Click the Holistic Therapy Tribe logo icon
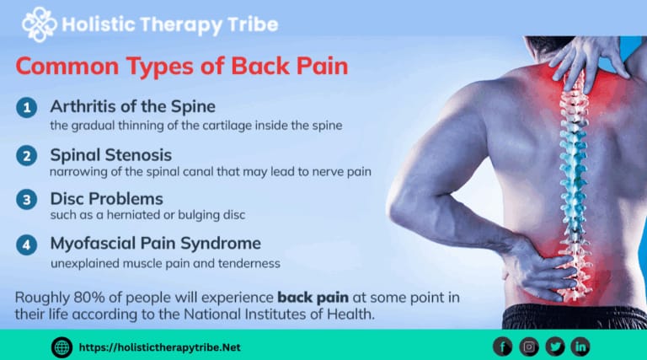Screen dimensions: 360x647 click(40, 24)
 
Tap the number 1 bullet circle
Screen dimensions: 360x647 click(26, 108)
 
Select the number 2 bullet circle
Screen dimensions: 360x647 click(26, 156)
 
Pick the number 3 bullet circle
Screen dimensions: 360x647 click(26, 200)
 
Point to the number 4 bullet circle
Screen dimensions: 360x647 click(26, 244)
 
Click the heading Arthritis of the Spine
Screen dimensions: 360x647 click(133, 107)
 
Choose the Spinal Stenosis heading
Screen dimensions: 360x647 click(110, 155)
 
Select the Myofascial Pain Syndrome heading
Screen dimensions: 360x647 click(156, 244)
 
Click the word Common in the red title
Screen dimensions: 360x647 click(65, 67)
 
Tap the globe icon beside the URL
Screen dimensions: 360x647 click(61, 346)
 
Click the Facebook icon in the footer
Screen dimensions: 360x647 click(504, 346)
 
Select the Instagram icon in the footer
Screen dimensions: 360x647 click(529, 346)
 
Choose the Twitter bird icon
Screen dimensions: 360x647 click(555, 346)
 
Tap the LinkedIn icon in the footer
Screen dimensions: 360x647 click(580, 346)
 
